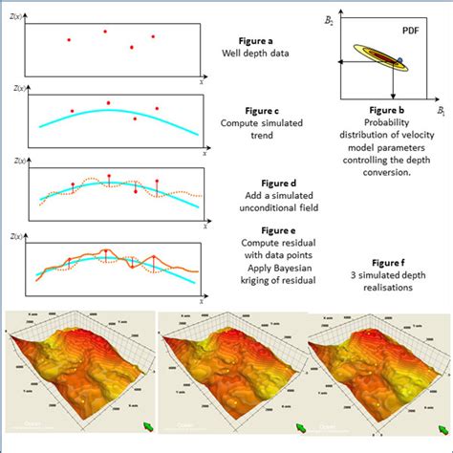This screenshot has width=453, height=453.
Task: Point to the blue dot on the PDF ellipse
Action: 400,60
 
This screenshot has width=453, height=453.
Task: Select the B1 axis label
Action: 441,112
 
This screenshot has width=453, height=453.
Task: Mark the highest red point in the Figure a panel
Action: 106,31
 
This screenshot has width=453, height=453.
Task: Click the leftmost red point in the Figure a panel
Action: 68,39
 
